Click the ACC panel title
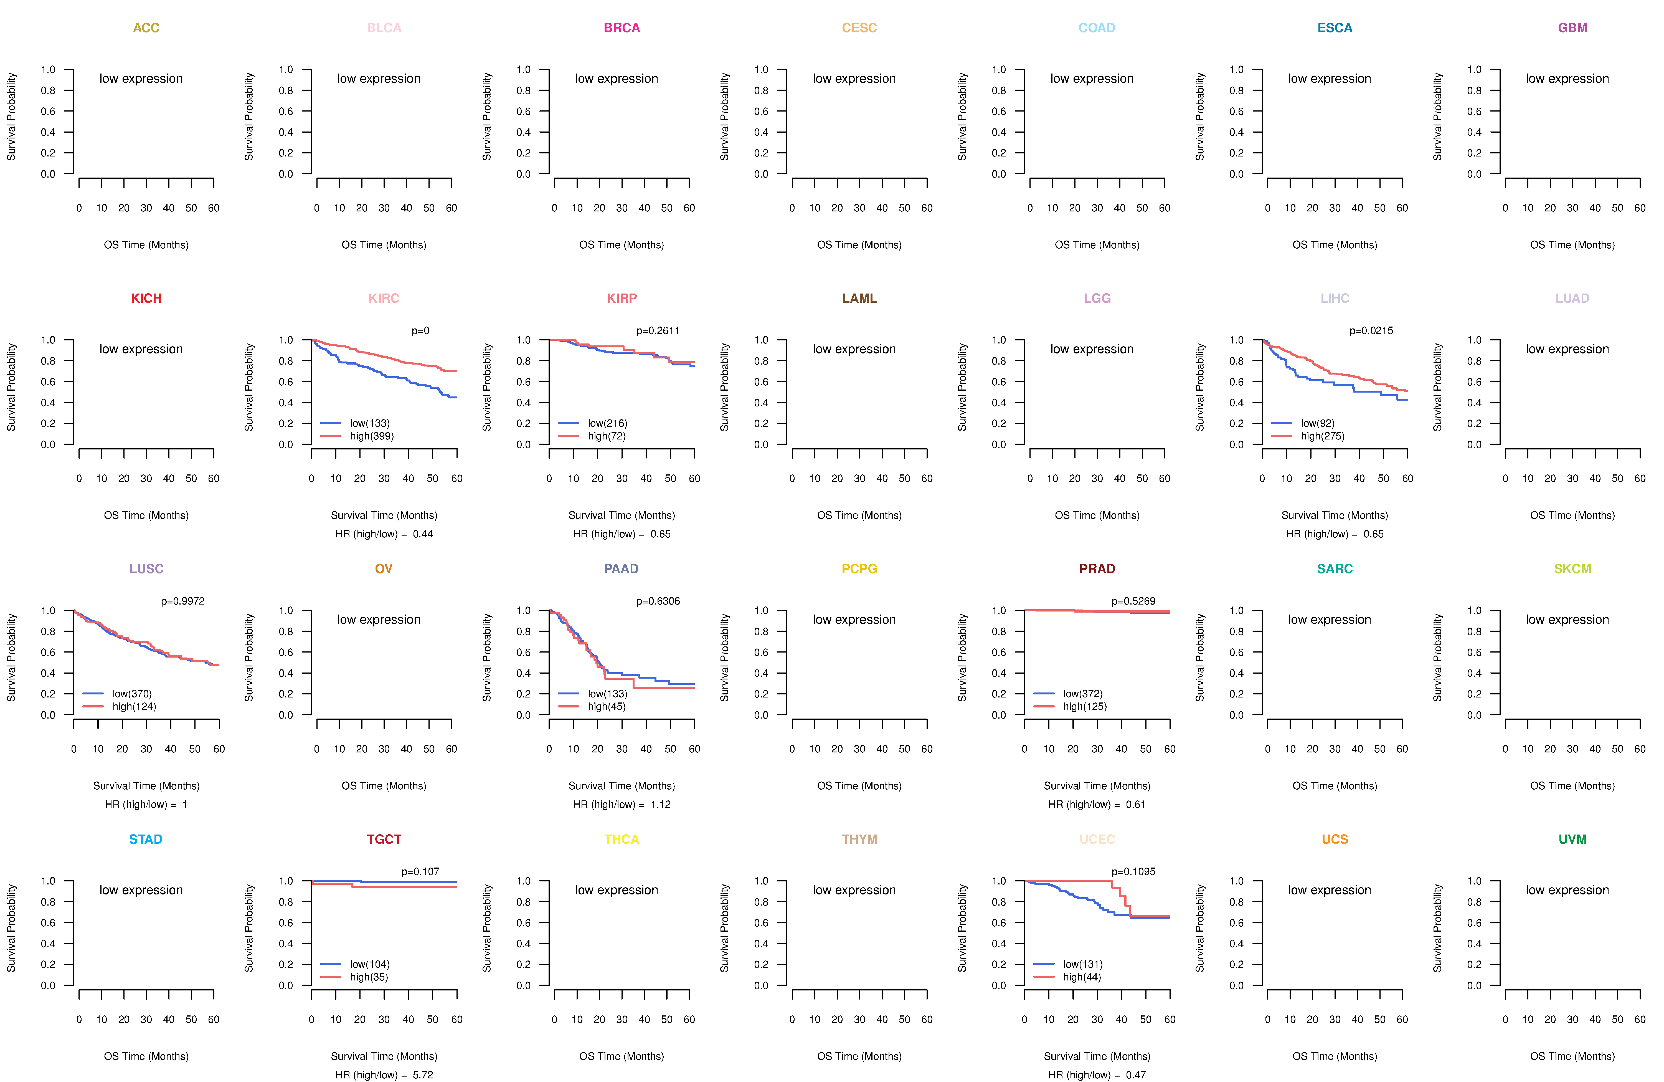(x=146, y=28)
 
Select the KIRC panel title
(x=384, y=299)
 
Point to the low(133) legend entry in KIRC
(x=369, y=423)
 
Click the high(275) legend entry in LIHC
(x=1322, y=436)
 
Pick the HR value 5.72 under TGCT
(x=422, y=1075)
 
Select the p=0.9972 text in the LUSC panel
(x=182, y=601)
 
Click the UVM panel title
(x=1572, y=839)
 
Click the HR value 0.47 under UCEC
(x=1135, y=1075)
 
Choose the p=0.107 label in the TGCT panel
(x=420, y=872)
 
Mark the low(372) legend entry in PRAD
(x=1082, y=694)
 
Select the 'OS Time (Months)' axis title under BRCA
(x=622, y=245)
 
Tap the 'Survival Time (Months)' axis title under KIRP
(x=622, y=515)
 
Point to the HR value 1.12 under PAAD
(x=660, y=804)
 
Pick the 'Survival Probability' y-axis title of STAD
(x=11, y=928)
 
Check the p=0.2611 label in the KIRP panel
(x=657, y=331)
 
